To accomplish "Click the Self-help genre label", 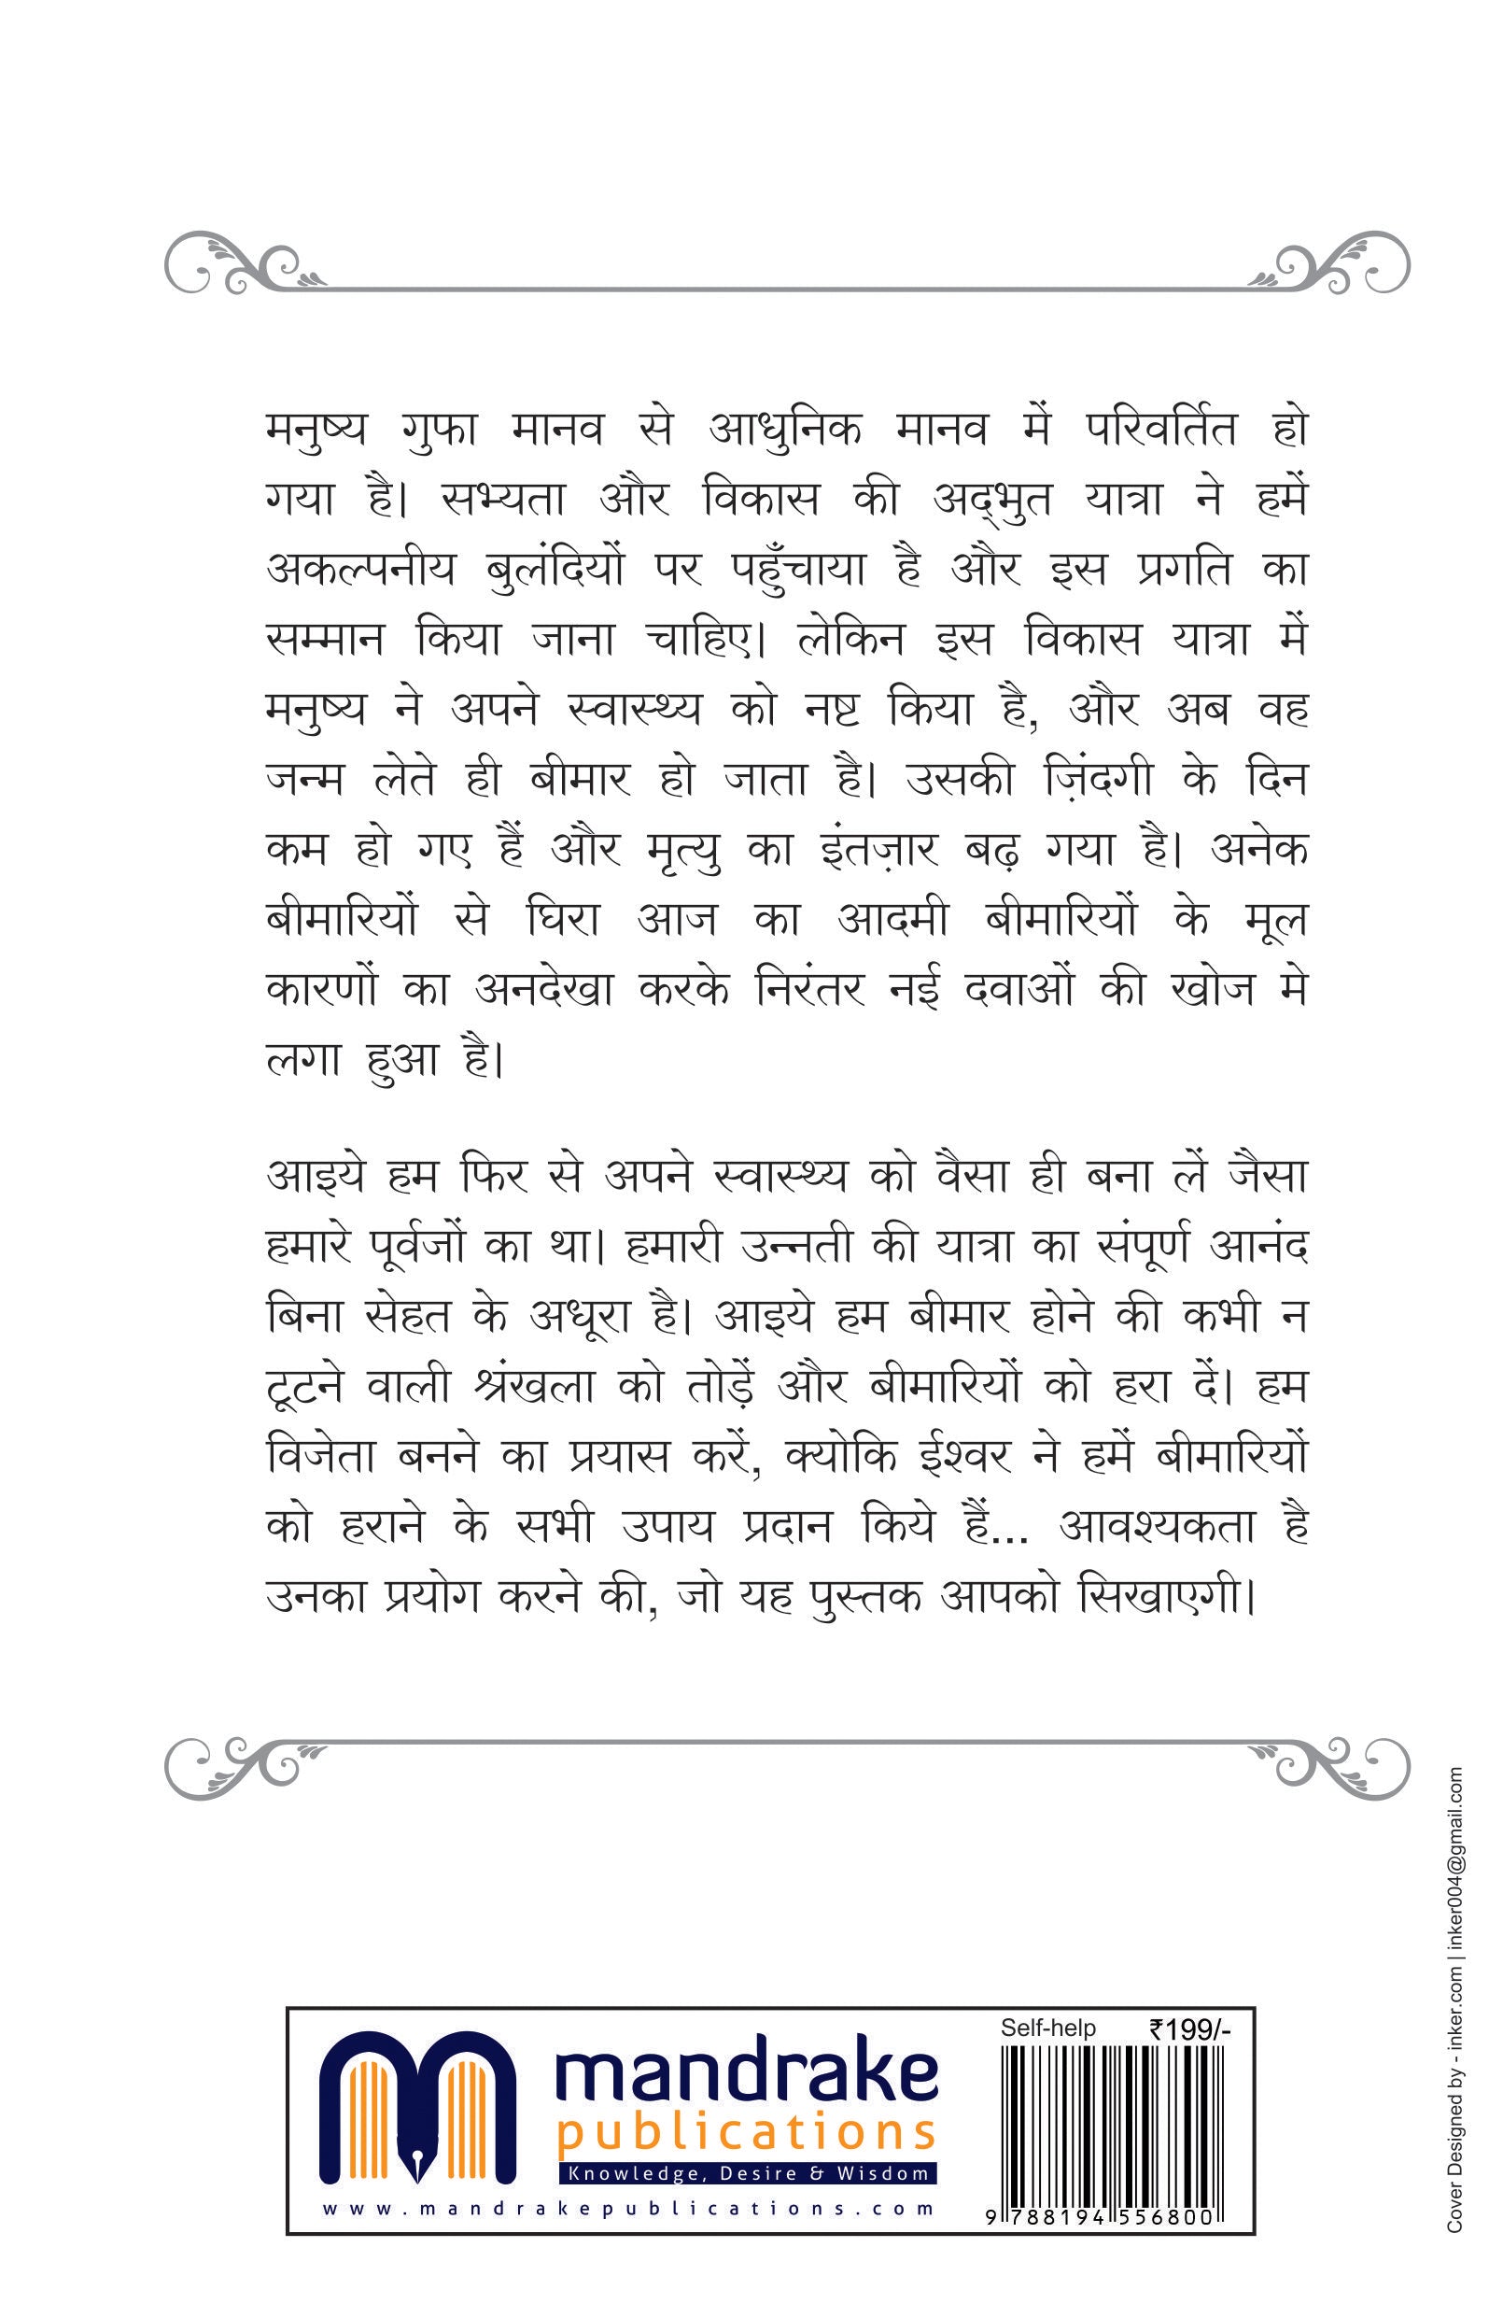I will coord(1048,2028).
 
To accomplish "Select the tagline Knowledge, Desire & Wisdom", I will coord(746,2174).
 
